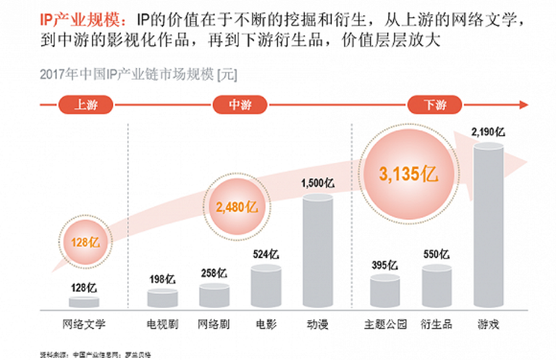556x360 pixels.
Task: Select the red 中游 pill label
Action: (x=240, y=104)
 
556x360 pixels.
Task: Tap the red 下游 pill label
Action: (x=435, y=104)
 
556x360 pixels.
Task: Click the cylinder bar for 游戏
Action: (x=488, y=225)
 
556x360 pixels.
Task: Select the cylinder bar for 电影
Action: (x=266, y=287)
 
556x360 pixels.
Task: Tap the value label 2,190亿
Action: (x=488, y=132)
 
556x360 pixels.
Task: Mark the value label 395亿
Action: (x=384, y=265)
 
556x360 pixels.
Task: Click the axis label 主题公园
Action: (x=385, y=324)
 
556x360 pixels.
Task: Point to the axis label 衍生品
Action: (x=436, y=324)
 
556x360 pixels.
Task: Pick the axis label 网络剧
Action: (x=214, y=324)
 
